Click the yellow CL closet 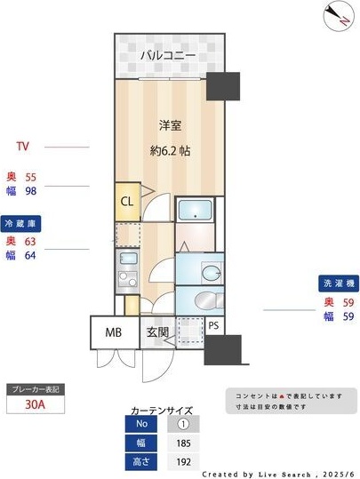coord(127,201)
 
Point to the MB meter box coord(114,333)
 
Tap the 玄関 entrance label coord(158,333)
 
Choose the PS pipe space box coord(213,325)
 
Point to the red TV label coord(24,147)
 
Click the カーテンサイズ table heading coord(162,411)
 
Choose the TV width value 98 coord(30,189)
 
